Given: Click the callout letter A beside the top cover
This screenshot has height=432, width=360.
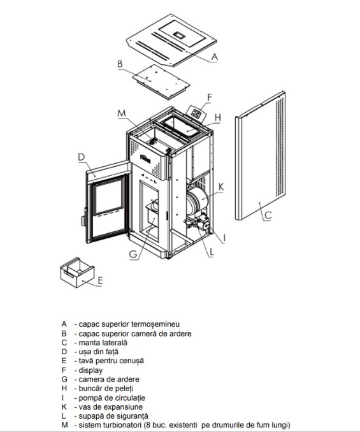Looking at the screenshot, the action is [214, 57].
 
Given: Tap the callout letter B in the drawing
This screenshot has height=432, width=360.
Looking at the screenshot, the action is [120, 64].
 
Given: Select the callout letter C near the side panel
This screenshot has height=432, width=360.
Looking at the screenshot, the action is [268, 215].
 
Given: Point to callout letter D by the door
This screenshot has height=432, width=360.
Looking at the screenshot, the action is [82, 157].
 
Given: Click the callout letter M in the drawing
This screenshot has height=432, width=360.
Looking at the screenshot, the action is [122, 113].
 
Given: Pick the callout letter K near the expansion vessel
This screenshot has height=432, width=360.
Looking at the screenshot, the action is [221, 187].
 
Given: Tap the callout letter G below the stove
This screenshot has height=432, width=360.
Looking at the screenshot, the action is [133, 254].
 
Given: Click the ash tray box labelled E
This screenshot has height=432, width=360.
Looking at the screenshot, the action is [77, 272].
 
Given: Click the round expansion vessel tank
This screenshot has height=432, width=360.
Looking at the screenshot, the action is [198, 200].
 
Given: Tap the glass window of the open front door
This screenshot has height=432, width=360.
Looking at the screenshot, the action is [108, 196].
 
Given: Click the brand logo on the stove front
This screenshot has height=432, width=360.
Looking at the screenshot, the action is [145, 159].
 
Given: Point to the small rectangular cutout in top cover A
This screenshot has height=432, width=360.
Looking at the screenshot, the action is [179, 34].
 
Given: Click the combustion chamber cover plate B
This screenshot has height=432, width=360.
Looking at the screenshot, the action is [161, 81].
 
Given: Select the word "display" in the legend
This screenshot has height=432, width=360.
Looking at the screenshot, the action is [90, 370].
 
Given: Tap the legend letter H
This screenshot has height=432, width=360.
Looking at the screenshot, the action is [64, 389].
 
